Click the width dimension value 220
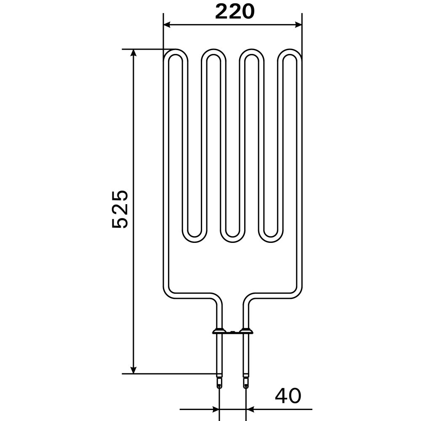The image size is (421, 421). [x=234, y=12]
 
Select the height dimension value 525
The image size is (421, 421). [x=120, y=209]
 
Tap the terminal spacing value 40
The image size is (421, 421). [x=288, y=396]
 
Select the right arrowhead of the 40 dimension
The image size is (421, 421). [x=250, y=409]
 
